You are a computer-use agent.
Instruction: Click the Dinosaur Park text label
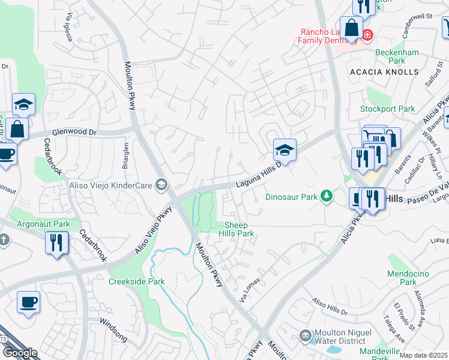click(291, 196)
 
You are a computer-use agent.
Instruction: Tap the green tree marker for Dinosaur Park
click(326, 196)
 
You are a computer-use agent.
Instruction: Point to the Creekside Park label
click(136, 281)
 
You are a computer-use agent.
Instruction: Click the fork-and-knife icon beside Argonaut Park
click(57, 243)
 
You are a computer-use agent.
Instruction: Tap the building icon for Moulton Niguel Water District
click(305, 334)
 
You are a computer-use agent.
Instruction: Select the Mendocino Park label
click(408, 278)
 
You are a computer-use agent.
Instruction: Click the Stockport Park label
click(387, 109)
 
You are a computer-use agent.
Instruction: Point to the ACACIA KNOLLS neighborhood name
click(384, 72)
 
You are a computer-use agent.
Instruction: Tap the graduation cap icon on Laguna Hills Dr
click(285, 149)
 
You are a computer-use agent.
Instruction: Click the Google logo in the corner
click(19, 353)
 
